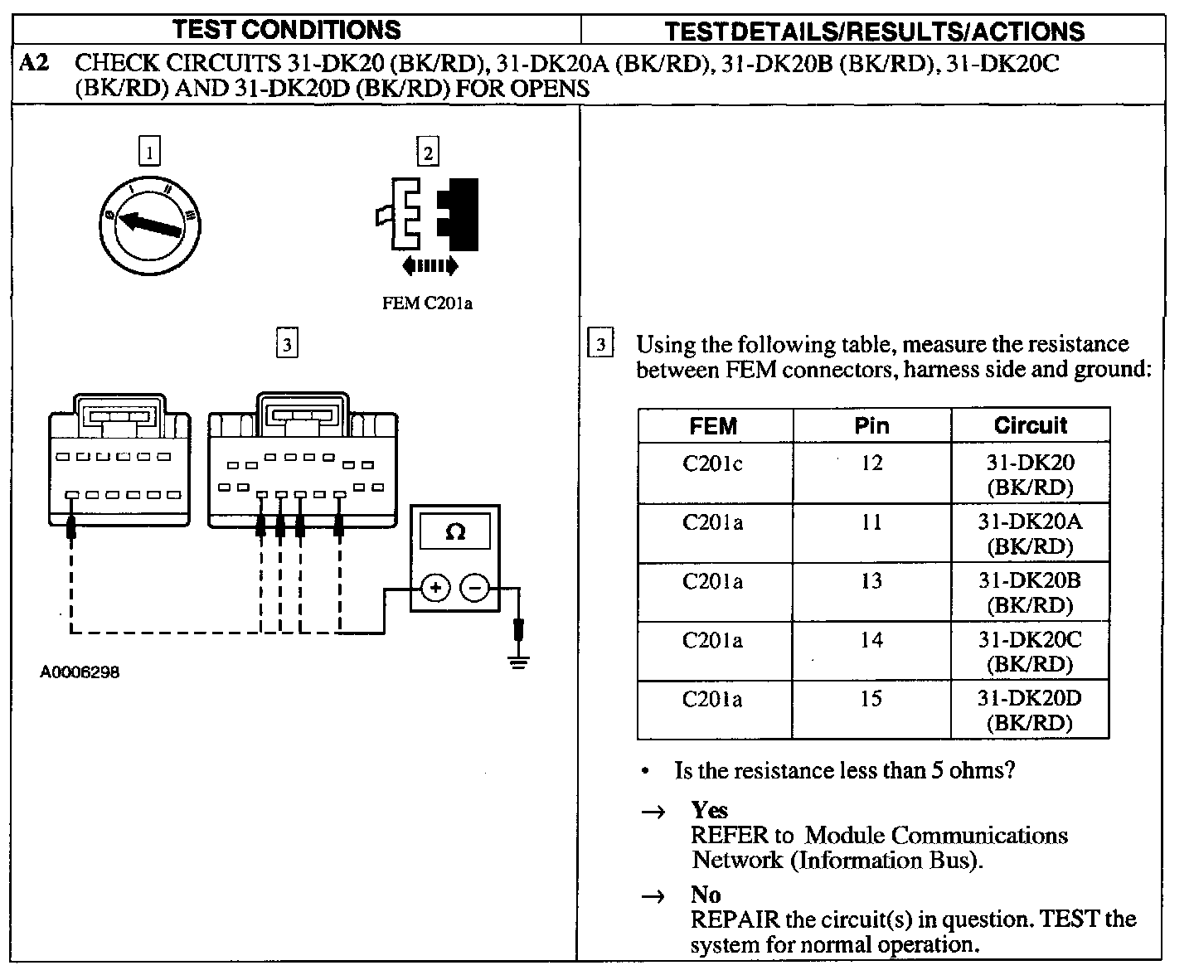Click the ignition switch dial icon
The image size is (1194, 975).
149,223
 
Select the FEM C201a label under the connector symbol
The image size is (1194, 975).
427,303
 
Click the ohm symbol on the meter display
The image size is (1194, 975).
455,531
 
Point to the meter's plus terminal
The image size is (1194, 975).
435,588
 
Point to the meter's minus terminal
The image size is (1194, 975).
475,588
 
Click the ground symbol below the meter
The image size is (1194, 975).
519,662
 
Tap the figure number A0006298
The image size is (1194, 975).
80,672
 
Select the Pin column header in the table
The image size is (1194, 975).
871,426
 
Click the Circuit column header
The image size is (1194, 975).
1030,425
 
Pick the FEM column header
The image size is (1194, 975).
713,426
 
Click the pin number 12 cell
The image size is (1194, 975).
871,463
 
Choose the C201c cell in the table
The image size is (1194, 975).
713,463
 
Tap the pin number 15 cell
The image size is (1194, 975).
871,699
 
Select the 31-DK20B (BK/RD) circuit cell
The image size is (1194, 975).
1030,593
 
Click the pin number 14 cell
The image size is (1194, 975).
871,640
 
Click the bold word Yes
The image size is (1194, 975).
710,810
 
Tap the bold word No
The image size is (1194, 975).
706,895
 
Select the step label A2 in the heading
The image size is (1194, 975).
34,63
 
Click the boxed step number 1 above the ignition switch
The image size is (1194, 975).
149,153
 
